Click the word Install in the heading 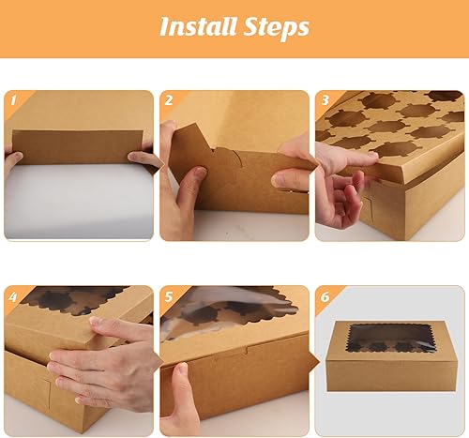click(198, 26)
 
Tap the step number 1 click(13, 100)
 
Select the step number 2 click(169, 100)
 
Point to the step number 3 click(325, 100)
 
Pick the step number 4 click(13, 296)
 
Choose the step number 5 click(169, 296)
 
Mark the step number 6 click(325, 296)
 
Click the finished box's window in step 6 click(391, 339)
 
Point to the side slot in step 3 click(368, 209)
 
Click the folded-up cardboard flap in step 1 click(78, 147)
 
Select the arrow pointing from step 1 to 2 click(159, 164)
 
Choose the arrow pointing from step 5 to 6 click(313, 362)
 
